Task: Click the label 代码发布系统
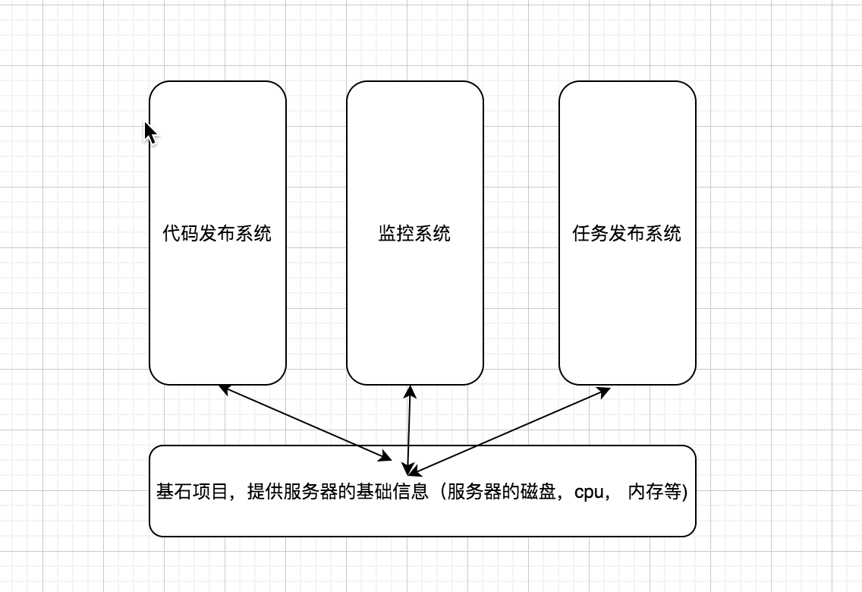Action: tap(218, 233)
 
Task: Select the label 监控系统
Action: tap(414, 233)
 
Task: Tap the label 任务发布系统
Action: tap(627, 233)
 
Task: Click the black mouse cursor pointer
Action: tap(150, 133)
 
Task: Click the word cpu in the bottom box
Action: tap(589, 493)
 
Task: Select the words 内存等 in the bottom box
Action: tap(655, 493)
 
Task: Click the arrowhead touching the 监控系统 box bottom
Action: tap(410, 391)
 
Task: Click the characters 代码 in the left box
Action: tap(181, 233)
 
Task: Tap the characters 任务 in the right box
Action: tap(590, 233)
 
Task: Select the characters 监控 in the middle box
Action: tap(396, 233)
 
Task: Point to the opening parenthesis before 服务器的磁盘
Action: tap(440, 493)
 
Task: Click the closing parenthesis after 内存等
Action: tap(684, 493)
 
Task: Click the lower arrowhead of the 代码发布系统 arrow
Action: tap(385, 457)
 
